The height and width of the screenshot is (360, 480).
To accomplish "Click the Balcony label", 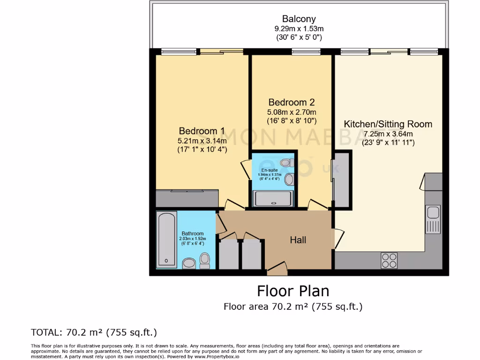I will pyautogui.click(x=299, y=19).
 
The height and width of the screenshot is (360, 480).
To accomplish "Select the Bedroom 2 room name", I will pyautogui.click(x=291, y=102).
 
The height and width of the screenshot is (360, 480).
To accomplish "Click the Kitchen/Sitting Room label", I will pyautogui.click(x=388, y=124).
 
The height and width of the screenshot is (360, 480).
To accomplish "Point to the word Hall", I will pyautogui.click(x=298, y=240).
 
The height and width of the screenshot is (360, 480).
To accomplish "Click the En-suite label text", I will pyautogui.click(x=270, y=170).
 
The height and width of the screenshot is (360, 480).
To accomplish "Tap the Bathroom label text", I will pyautogui.click(x=193, y=233).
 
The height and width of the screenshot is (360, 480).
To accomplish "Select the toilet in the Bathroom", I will pyautogui.click(x=204, y=260).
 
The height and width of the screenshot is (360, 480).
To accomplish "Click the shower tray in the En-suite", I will pyautogui.click(x=273, y=199).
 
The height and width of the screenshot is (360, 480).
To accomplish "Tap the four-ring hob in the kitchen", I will pyautogui.click(x=389, y=260).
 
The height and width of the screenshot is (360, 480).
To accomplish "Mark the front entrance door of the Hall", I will pyautogui.click(x=276, y=270).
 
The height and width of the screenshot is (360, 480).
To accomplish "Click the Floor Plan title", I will pyautogui.click(x=293, y=291).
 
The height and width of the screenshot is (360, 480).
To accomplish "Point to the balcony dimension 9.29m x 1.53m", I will pyautogui.click(x=299, y=29).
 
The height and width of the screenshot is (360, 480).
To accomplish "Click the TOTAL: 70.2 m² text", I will pyautogui.click(x=94, y=332).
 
